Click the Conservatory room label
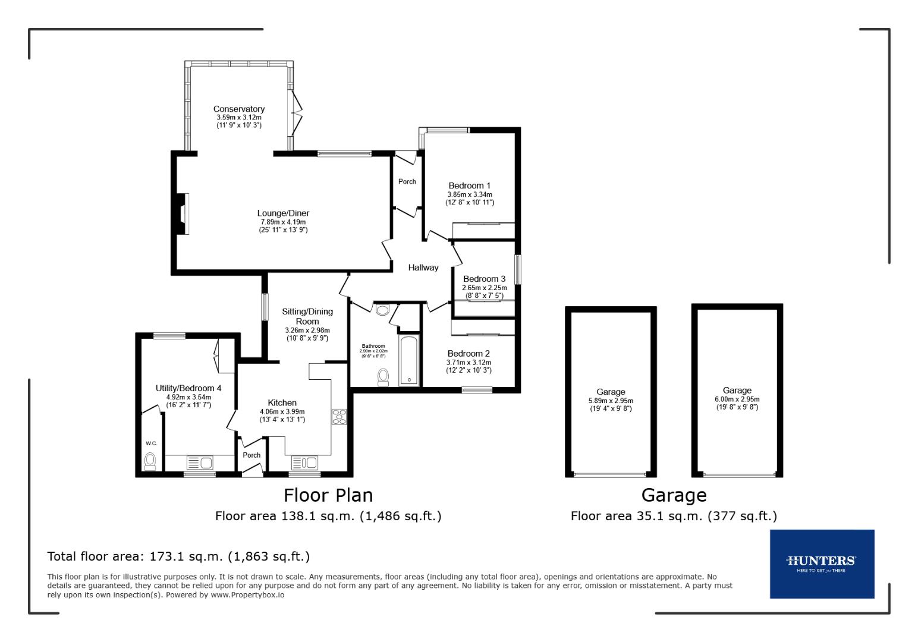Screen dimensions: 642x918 (238, 109)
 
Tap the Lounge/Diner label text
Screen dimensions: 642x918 (283, 213)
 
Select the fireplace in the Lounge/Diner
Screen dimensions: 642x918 (181, 214)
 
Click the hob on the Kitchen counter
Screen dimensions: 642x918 (339, 417)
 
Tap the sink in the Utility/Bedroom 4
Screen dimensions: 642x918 (200, 462)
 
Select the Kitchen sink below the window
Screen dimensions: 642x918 (304, 462)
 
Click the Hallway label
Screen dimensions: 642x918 (423, 267)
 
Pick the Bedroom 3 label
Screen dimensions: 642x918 (484, 279)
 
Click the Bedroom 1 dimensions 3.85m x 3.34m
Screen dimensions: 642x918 (470, 194)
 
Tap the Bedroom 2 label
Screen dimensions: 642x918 (469, 354)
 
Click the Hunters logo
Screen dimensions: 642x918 (821, 563)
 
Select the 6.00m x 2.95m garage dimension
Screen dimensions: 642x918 (737, 399)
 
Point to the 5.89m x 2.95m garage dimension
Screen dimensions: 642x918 (611, 401)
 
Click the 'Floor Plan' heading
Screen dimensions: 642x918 (328, 495)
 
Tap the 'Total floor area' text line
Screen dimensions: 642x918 (178, 556)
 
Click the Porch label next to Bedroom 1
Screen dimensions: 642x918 (407, 181)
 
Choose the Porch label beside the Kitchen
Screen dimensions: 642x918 (251, 455)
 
